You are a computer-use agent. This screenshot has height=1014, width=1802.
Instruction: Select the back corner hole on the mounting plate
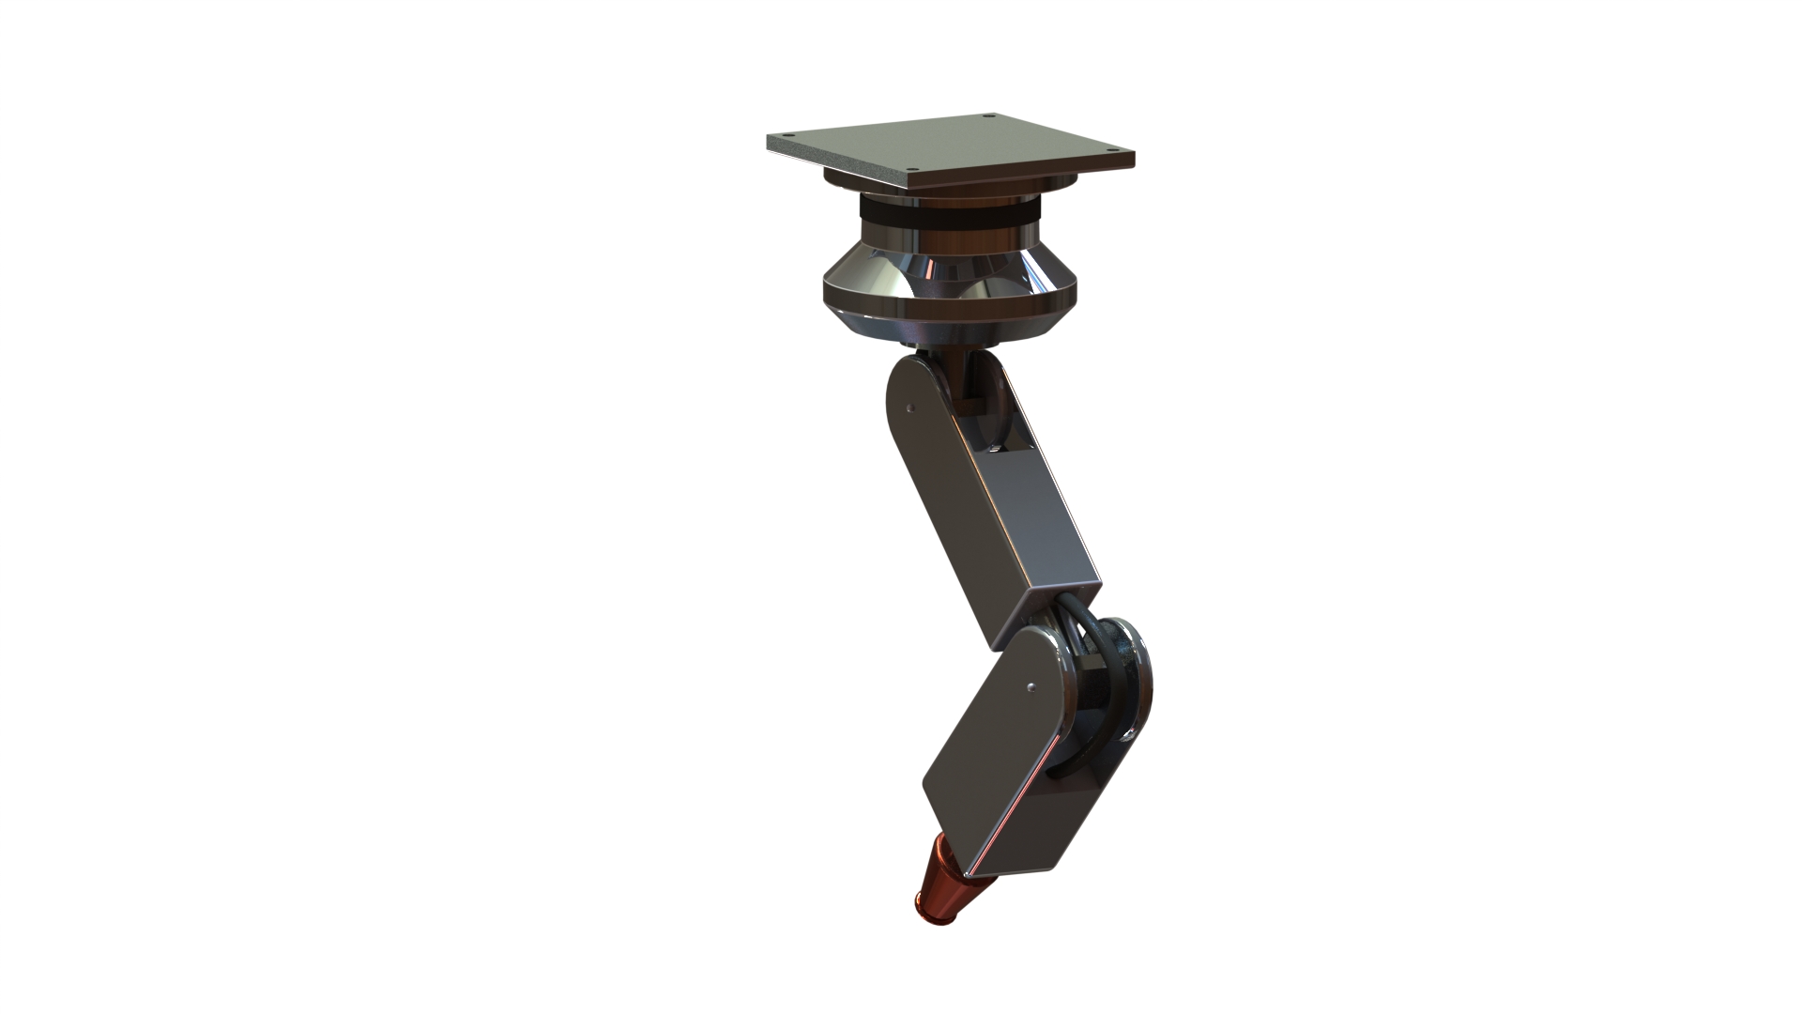990,117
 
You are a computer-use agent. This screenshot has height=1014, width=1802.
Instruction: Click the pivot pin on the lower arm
1031,686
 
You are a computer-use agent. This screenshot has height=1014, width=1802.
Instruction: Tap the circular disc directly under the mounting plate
948,187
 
